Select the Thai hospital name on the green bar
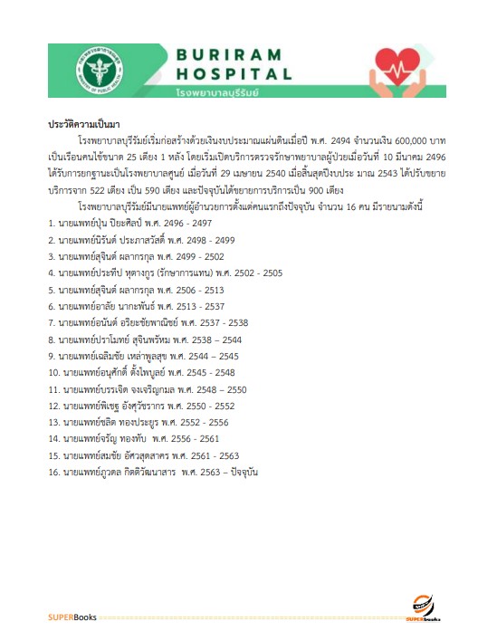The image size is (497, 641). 222,92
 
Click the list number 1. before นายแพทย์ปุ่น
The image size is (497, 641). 52,222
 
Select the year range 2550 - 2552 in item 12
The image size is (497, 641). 211,407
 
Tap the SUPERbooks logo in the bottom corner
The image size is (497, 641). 423,608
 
